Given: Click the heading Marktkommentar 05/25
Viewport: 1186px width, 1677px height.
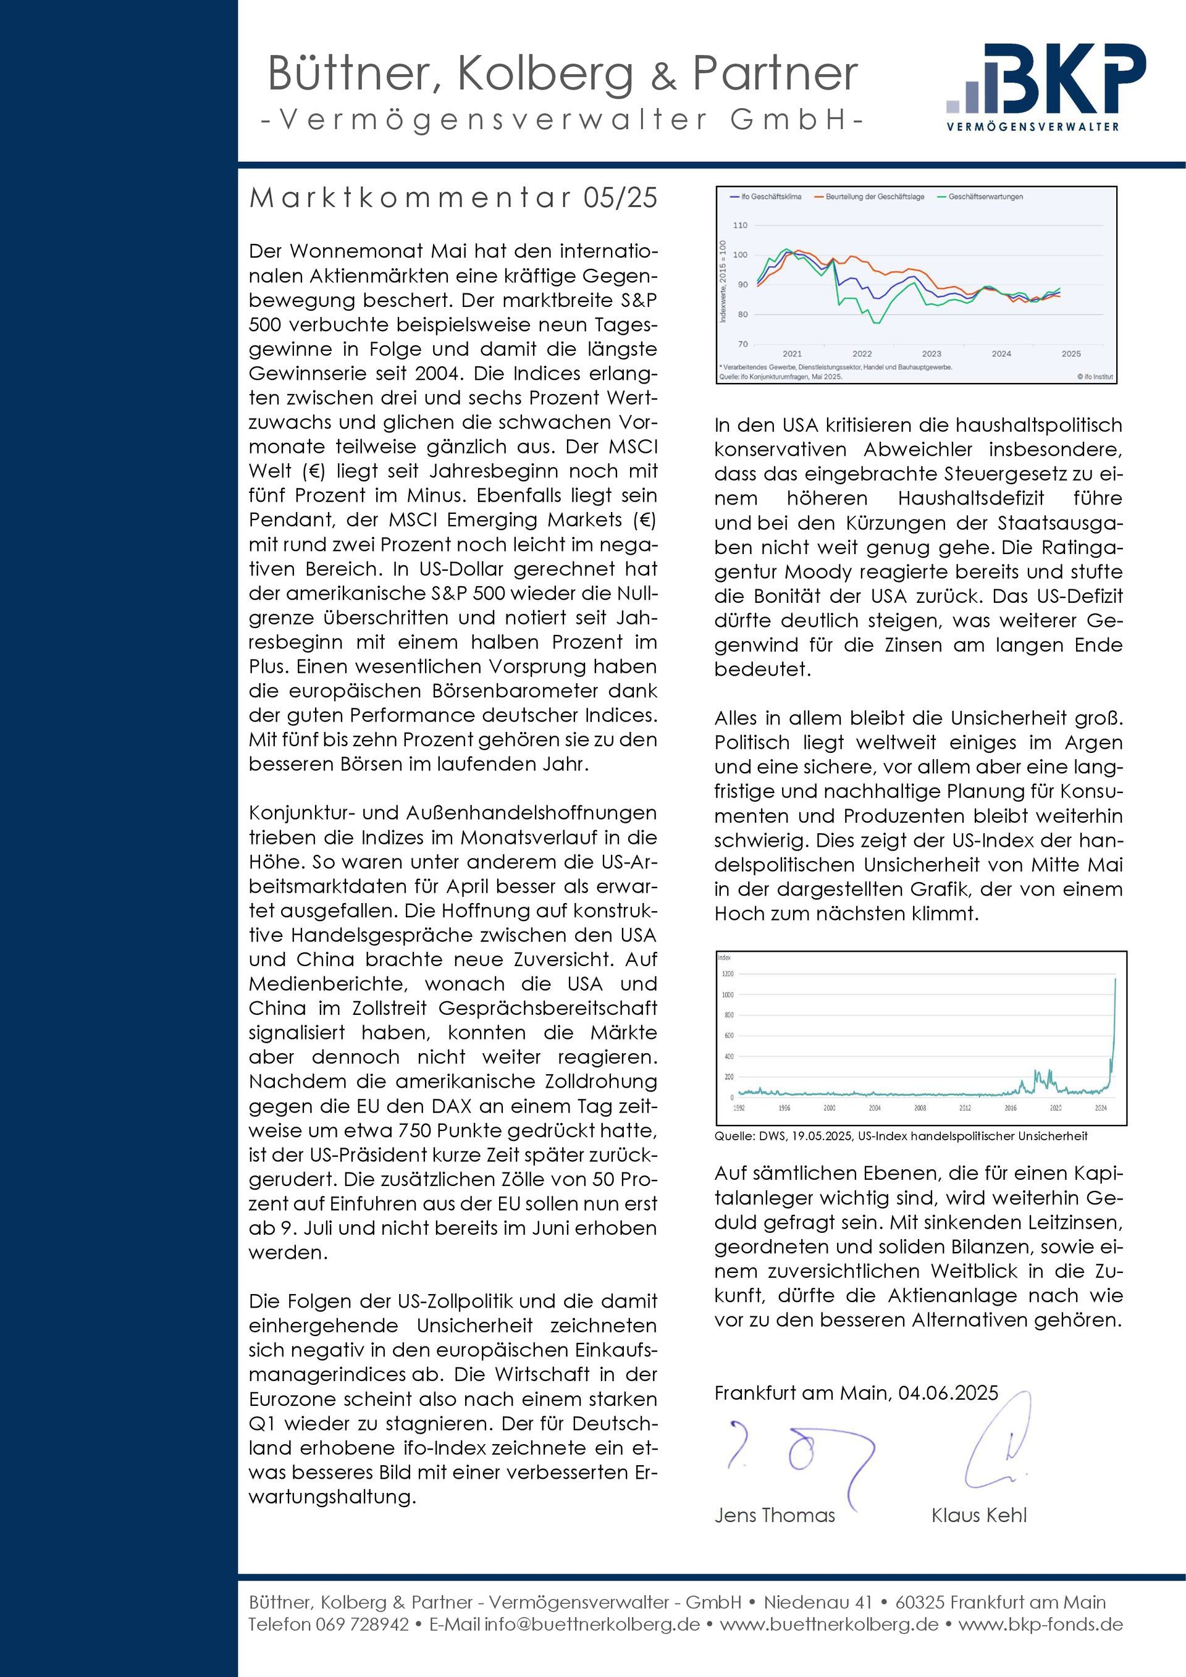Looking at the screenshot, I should pos(453,198).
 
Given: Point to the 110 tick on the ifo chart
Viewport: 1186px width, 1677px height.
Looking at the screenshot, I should pos(741,225).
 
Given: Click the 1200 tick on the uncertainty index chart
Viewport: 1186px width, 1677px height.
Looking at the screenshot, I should pos(728,973).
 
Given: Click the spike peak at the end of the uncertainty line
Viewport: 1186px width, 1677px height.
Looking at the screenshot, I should pos(1114,979).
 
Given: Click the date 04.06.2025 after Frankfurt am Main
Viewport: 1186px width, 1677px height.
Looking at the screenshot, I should pos(948,1392).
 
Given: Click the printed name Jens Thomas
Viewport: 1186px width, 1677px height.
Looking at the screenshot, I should pos(774,1515).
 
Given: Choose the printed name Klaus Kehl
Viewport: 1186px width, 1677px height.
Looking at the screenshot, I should pos(978,1515).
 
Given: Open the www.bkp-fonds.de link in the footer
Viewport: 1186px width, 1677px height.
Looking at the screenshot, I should pos(1040,1624).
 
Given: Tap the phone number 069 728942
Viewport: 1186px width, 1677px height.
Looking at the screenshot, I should pos(361,1624).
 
